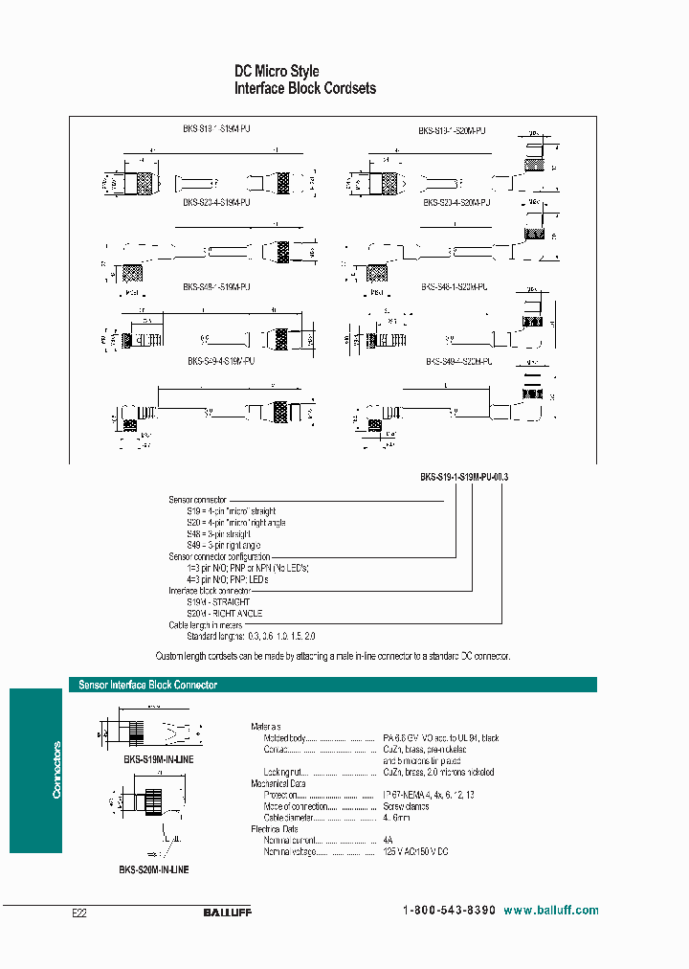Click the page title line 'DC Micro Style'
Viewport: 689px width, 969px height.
click(278, 71)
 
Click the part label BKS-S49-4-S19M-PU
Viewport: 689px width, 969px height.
click(221, 362)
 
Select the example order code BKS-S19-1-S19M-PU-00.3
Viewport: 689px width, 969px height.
click(464, 476)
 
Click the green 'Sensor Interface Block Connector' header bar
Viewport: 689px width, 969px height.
click(332, 685)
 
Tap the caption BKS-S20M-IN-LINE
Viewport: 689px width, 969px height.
click(154, 869)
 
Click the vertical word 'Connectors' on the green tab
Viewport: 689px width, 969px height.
click(56, 769)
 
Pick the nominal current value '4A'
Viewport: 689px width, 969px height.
click(388, 839)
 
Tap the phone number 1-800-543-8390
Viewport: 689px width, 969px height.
click(449, 911)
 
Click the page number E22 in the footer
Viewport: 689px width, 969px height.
click(79, 913)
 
